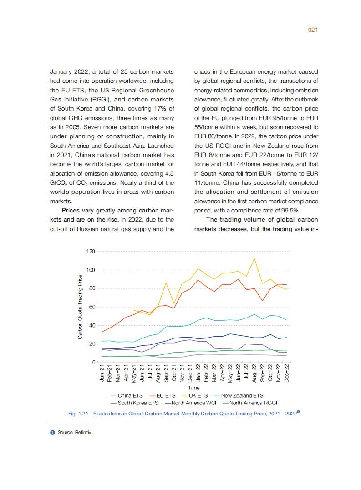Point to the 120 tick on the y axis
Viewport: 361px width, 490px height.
pos(91,252)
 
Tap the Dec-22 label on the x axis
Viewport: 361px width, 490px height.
pos(286,374)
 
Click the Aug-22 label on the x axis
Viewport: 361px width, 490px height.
pos(254,374)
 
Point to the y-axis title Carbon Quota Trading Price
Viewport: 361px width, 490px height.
pos(80,307)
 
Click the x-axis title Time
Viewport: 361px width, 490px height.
pos(194,388)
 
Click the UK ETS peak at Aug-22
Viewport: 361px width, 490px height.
pos(254,258)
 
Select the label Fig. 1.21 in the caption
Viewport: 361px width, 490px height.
pos(78,414)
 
